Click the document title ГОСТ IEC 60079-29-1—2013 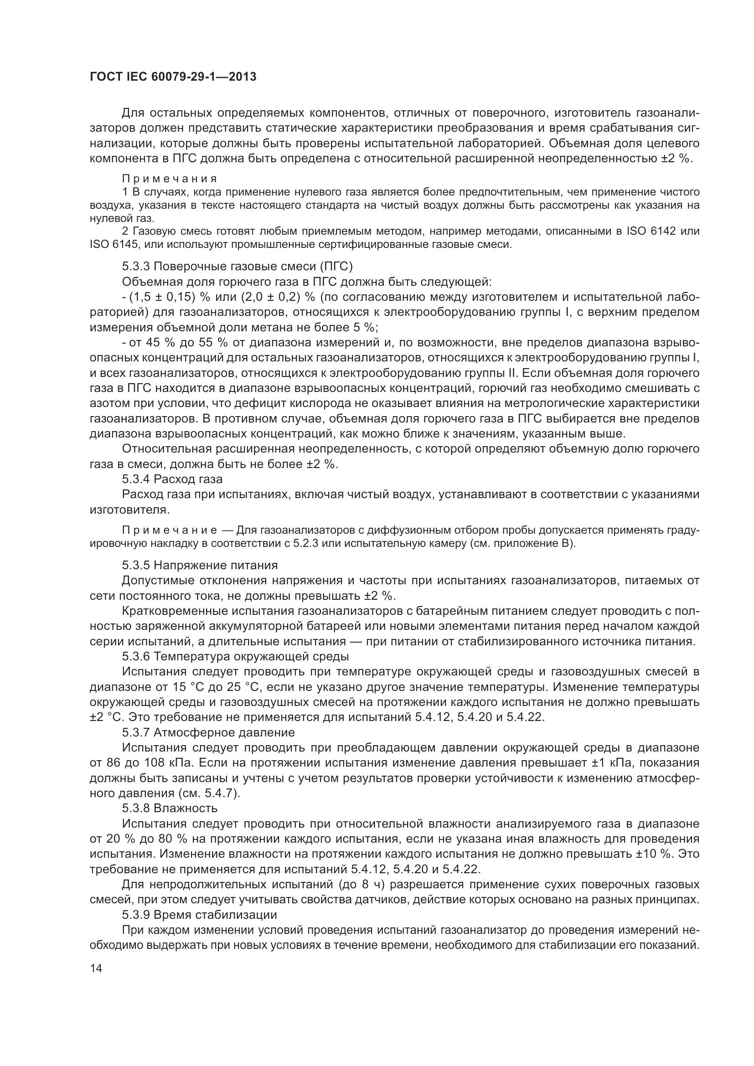(x=173, y=77)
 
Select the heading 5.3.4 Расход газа (x=172, y=479)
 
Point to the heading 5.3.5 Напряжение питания (x=200, y=565)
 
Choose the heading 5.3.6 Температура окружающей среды (x=235, y=656)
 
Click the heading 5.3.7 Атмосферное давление (x=208, y=733)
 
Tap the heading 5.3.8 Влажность (x=170, y=809)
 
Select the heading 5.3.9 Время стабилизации (x=199, y=915)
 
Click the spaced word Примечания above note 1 (x=170, y=179)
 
